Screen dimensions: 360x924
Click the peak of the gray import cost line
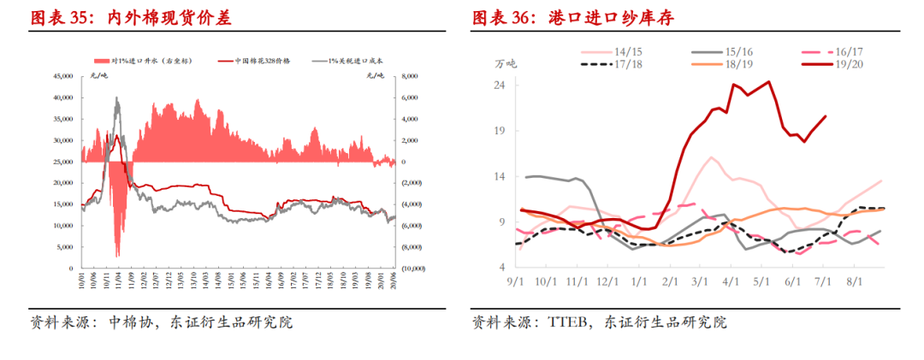click(x=116, y=97)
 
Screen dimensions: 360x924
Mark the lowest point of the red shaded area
click(x=117, y=255)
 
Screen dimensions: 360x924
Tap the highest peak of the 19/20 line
click(x=768, y=82)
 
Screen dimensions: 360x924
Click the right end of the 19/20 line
click(x=826, y=116)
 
